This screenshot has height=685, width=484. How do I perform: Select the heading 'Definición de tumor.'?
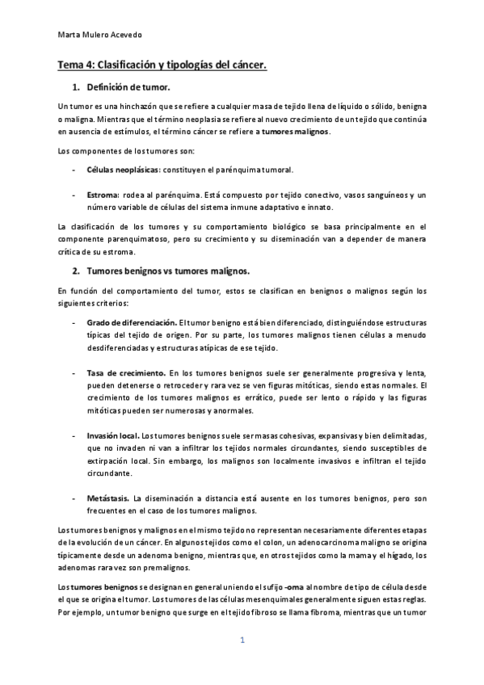point(128,86)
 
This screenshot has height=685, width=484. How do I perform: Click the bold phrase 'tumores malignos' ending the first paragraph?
point(296,132)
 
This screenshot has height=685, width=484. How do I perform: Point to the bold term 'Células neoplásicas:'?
point(124,170)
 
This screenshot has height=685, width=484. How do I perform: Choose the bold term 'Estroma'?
point(103,195)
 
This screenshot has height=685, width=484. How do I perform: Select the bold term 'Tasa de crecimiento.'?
point(124,372)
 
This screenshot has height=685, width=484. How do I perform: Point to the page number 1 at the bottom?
point(242,642)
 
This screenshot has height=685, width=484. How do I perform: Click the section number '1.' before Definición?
point(77,86)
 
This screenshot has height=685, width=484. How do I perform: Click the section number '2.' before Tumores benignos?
point(77,271)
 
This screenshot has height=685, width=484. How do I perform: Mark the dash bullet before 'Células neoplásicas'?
point(74,170)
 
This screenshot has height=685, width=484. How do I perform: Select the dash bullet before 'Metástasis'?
point(74,498)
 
